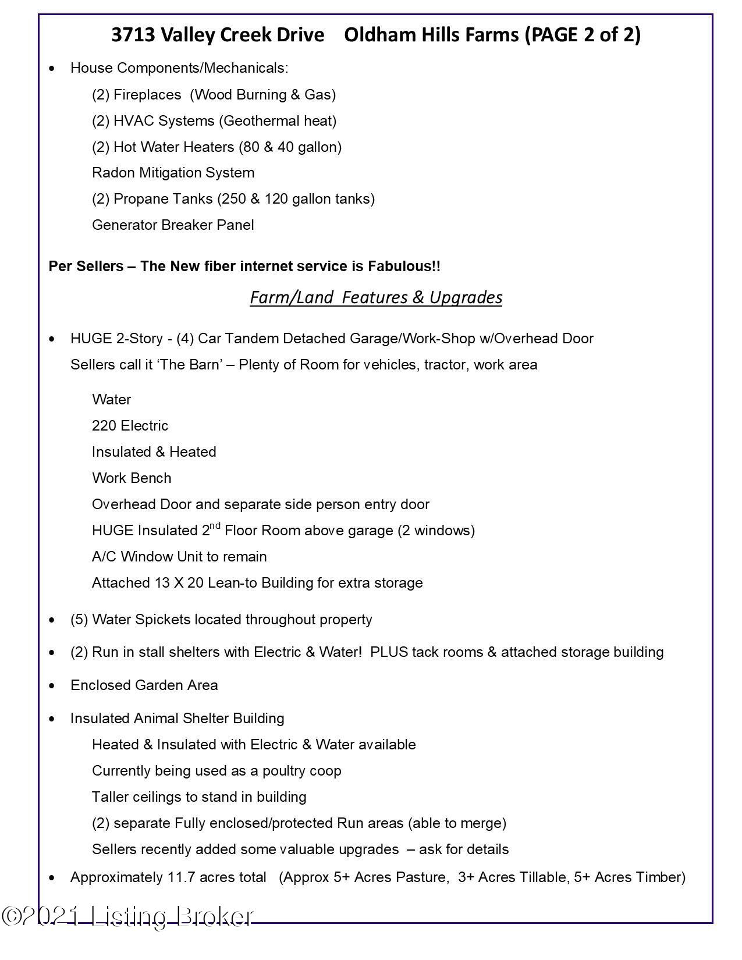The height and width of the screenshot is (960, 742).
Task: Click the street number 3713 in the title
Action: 133,35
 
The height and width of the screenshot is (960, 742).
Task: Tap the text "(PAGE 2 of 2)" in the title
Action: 582,35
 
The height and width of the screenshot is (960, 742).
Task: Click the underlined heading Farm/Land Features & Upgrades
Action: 376,297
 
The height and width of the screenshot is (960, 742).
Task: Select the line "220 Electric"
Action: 130,426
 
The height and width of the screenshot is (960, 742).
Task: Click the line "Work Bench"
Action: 132,478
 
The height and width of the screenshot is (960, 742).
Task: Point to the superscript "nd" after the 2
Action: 215,526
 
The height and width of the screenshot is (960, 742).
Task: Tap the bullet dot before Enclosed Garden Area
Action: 53,686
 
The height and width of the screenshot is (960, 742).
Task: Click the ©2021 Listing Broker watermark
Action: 128,916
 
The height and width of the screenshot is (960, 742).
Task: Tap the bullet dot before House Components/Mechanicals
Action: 53,69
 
